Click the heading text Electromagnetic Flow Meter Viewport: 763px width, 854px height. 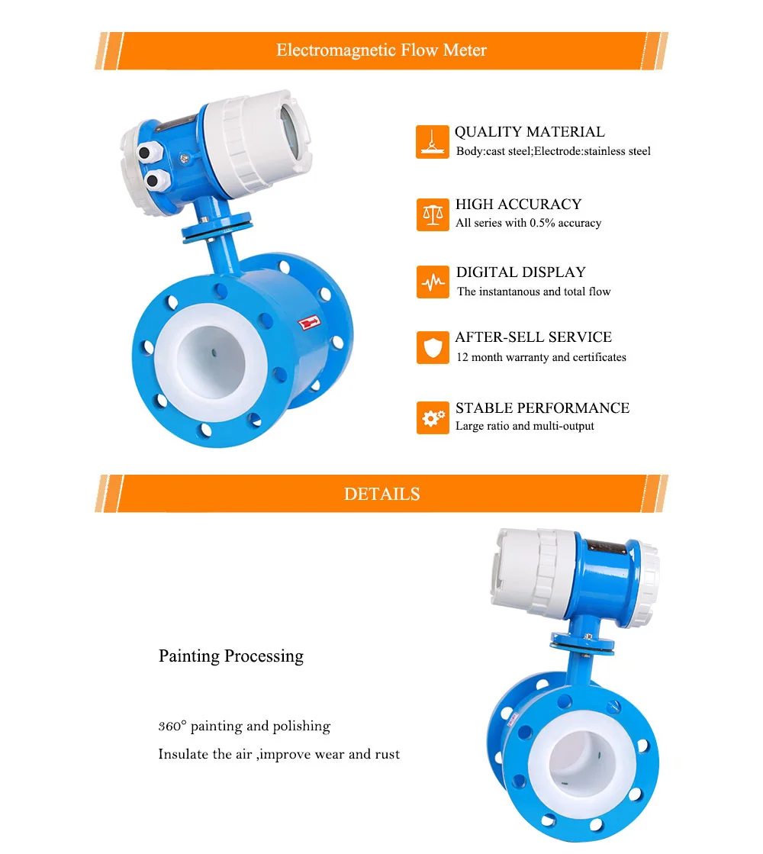(x=381, y=50)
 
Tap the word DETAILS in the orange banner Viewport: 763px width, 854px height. (x=381, y=494)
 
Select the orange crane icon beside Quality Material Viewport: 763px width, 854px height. (x=432, y=143)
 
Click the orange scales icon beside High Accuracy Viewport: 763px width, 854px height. (x=433, y=214)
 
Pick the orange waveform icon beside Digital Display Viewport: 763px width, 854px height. (x=433, y=282)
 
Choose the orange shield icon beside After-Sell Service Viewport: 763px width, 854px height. (x=433, y=348)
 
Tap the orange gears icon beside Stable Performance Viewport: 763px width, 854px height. (x=433, y=417)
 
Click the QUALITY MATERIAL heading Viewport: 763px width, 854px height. (x=530, y=132)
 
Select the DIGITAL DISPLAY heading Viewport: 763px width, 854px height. (x=520, y=272)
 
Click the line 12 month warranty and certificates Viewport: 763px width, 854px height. (x=541, y=357)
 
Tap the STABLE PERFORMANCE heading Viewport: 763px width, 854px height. (x=542, y=408)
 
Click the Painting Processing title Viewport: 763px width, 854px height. (x=230, y=656)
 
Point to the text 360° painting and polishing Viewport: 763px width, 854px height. (x=244, y=726)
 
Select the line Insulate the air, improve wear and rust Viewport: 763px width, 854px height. (x=278, y=754)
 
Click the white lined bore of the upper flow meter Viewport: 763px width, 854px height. (x=205, y=358)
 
